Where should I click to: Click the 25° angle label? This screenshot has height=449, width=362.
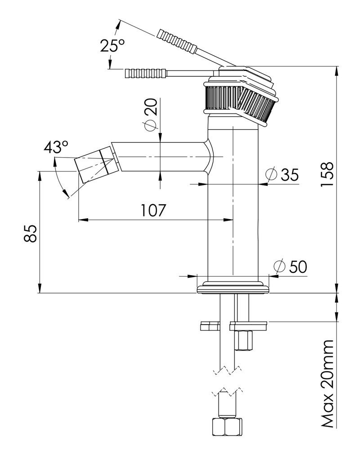click(x=112, y=46)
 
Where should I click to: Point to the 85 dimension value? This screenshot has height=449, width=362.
click(x=30, y=233)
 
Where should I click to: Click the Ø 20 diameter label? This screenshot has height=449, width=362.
click(x=151, y=114)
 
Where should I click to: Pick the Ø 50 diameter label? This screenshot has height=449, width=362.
click(x=290, y=266)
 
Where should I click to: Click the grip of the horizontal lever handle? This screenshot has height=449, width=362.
click(x=146, y=73)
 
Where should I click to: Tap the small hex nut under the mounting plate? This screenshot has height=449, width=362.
click(x=244, y=339)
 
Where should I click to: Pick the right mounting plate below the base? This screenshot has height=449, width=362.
click(x=248, y=324)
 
